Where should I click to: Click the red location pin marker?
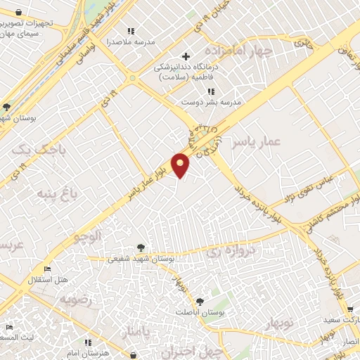pos(181,165)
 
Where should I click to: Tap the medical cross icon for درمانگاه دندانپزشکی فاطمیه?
pos(186,56)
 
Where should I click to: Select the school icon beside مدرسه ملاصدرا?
pos(130,31)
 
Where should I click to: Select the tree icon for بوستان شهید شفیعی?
pos(141,247)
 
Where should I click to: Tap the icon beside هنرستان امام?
pos(87,342)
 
